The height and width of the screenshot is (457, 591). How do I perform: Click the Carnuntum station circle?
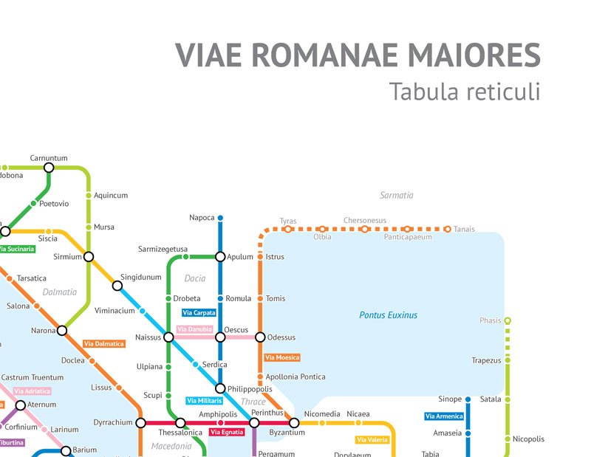coord(49,168)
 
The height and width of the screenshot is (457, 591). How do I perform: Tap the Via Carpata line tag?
coord(199,313)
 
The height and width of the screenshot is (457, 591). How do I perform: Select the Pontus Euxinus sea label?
coord(388,315)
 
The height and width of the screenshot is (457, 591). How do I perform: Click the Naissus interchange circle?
coord(168,337)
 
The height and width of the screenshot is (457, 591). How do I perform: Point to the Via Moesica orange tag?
coord(282,358)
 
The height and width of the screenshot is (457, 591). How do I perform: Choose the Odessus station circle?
coord(260,337)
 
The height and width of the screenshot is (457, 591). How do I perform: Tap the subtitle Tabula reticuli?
coord(464,92)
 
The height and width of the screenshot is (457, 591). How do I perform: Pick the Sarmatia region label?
coord(396,196)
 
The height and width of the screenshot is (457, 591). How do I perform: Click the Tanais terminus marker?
coord(447,230)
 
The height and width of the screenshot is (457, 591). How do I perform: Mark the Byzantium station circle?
coord(294,423)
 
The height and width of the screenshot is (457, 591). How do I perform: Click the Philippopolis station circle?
coord(220,388)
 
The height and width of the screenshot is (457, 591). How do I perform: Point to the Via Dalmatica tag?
coord(103,344)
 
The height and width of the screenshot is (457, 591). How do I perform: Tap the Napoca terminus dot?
coord(220,218)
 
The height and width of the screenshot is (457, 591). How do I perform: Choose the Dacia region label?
coord(195,279)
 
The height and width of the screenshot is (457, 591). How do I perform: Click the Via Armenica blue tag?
coord(445,416)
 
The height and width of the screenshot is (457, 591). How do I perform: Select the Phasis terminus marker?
coord(508,321)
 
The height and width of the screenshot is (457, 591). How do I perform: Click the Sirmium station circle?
coord(89,256)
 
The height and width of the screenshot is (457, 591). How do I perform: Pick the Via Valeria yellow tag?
coord(372,440)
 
